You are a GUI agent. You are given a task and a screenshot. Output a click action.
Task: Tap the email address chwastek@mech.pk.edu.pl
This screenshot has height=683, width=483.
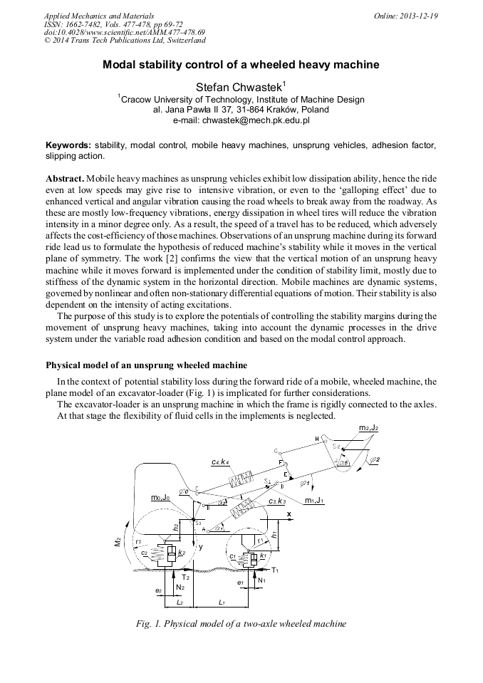241,121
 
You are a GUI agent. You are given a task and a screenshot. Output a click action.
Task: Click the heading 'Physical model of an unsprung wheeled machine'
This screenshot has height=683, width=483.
147,365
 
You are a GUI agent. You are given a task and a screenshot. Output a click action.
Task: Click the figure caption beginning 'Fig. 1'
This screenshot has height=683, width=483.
241,623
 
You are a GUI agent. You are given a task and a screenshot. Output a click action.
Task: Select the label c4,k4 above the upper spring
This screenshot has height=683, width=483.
221,463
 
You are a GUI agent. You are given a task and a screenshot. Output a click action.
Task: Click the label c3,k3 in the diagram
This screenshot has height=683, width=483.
277,502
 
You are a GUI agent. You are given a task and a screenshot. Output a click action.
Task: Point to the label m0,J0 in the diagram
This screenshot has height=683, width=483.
160,497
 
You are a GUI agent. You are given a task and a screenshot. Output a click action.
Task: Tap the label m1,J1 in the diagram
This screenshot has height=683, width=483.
314,501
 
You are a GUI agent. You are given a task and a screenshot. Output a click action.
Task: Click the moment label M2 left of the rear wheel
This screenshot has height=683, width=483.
118,543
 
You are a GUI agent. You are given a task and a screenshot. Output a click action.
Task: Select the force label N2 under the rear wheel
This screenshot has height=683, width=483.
180,587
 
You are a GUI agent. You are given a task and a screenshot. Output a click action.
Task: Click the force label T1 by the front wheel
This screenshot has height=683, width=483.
275,570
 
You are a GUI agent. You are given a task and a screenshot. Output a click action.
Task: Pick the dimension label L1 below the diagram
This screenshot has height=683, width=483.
222,603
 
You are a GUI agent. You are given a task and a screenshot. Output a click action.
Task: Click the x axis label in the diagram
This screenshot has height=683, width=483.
289,513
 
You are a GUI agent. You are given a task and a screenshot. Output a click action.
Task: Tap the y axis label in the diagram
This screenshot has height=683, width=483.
202,548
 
